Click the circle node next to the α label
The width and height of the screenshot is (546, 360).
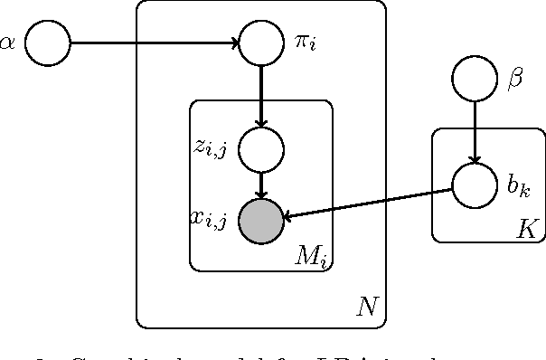(47, 43)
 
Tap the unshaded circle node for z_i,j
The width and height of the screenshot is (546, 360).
(261, 149)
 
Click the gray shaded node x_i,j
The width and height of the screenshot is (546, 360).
(261, 220)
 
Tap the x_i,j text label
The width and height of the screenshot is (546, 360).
(209, 218)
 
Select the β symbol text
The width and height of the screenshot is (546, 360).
(515, 81)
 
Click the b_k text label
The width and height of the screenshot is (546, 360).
(516, 187)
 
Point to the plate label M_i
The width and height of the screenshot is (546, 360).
(311, 257)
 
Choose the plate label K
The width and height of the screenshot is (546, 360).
(526, 230)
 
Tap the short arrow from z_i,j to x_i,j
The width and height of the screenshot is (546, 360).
(261, 185)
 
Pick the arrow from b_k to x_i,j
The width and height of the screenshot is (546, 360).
(368, 204)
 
